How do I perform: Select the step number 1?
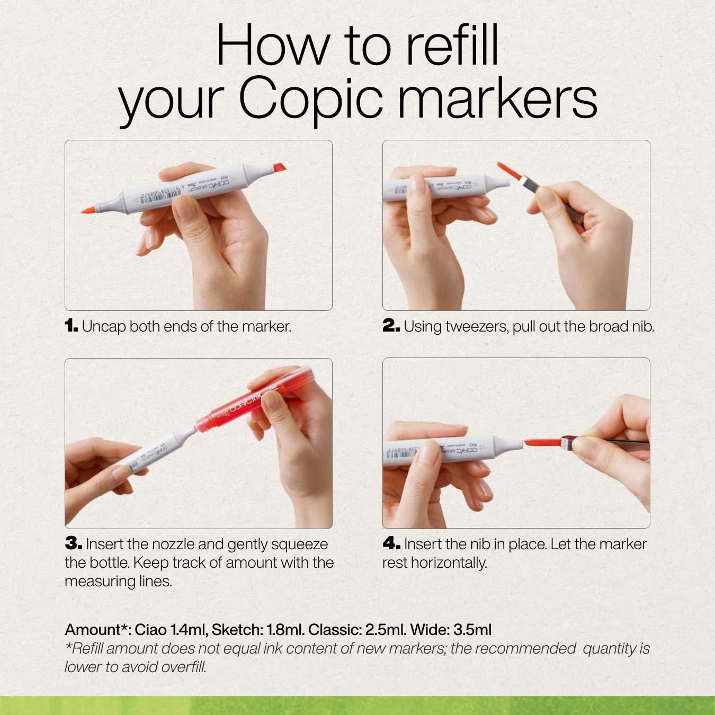[x=71, y=326]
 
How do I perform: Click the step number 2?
[x=391, y=326]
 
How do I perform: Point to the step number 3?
[x=73, y=543]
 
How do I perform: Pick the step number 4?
[x=391, y=543]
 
